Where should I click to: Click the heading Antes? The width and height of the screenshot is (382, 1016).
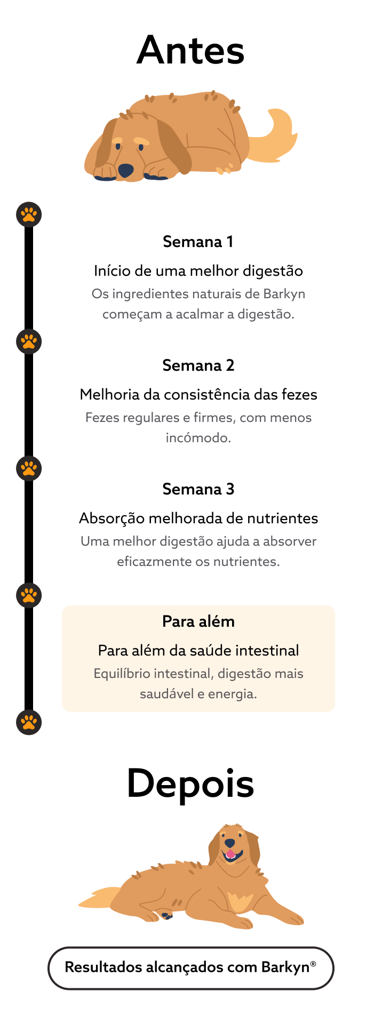coord(190,50)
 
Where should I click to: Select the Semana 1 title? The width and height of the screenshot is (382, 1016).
coord(198,242)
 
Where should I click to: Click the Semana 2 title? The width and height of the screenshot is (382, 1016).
coord(198,365)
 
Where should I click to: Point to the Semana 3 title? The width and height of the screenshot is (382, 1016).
coord(198,489)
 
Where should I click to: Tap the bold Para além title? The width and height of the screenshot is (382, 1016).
coord(198,621)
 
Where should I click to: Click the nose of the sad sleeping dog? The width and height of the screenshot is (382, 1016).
coord(126,170)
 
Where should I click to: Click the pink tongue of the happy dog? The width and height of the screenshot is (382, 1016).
coord(230,854)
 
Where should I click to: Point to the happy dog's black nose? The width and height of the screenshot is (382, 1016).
coord(229,843)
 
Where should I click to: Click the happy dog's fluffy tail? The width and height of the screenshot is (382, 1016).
coord(101,897)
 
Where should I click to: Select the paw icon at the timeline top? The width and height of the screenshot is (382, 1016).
coord(29,214)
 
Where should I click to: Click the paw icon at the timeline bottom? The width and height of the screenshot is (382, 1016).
coord(29,722)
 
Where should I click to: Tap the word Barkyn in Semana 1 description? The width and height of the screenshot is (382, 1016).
coord(284,294)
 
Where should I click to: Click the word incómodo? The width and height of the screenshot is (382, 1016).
coord(198,438)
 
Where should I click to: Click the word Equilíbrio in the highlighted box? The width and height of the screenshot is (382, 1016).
coord(120,674)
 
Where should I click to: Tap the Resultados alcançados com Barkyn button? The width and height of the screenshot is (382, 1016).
coord(191,968)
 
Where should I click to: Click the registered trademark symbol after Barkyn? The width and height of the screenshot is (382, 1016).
coord(313,964)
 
